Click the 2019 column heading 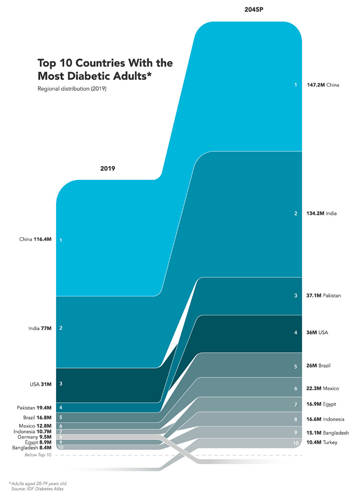click(108, 168)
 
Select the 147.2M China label click(323, 85)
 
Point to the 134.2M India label click(321, 214)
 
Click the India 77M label click(39, 328)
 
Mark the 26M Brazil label click(319, 366)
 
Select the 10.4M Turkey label click(322, 443)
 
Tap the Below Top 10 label click(38, 455)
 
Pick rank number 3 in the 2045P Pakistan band click(296, 296)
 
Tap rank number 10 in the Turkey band click(296, 443)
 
